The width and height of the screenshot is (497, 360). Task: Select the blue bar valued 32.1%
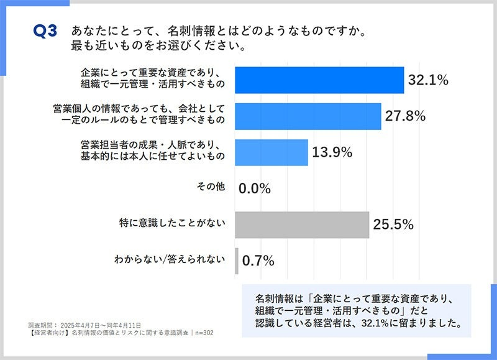[319, 80]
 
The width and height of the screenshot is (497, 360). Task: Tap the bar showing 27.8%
[308, 116]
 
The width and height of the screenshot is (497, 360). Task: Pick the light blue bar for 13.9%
[271, 152]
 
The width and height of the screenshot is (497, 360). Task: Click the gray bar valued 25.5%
[302, 224]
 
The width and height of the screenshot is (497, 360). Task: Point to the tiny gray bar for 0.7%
[237, 261]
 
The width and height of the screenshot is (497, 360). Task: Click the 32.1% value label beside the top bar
[428, 80]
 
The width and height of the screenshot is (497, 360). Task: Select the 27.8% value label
[404, 116]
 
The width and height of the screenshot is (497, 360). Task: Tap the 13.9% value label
[332, 152]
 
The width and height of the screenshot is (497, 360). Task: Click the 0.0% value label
[256, 189]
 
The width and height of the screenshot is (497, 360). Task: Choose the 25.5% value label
[393, 225]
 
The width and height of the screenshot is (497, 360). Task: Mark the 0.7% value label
[258, 261]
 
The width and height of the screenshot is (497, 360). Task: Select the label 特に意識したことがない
[171, 222]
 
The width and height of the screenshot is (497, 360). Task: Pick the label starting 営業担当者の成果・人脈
[152, 144]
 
